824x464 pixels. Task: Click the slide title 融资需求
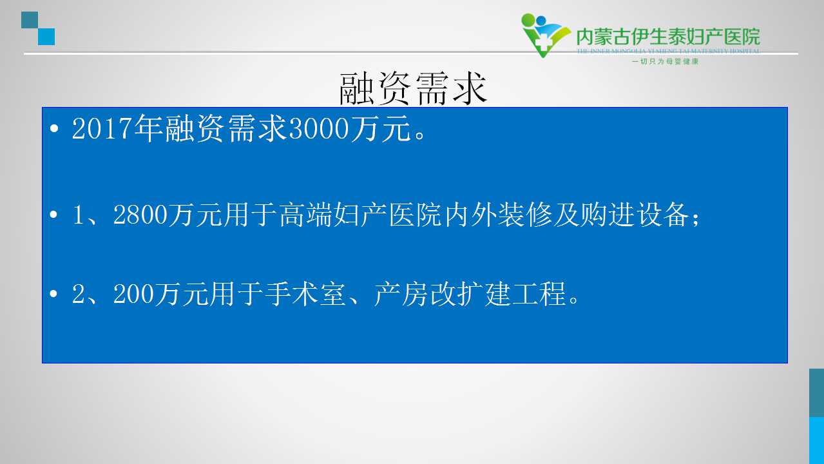tap(413, 88)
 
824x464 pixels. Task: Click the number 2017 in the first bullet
tap(102, 128)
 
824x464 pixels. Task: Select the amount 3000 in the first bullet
tap(318, 128)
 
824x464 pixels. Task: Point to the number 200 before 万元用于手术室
tap(133, 294)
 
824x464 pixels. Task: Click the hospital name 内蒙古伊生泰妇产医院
tap(668, 37)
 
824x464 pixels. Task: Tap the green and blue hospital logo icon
tap(546, 35)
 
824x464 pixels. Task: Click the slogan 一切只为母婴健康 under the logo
tap(665, 61)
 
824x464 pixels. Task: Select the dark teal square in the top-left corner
tap(30, 20)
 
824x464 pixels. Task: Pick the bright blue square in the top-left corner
tap(46, 37)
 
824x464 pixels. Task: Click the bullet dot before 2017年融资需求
tap(54, 128)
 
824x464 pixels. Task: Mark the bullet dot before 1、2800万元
tap(53, 214)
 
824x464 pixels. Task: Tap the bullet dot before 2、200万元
tap(53, 293)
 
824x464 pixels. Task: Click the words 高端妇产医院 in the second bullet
tap(360, 215)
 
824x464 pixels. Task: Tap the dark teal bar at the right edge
tap(817, 392)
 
